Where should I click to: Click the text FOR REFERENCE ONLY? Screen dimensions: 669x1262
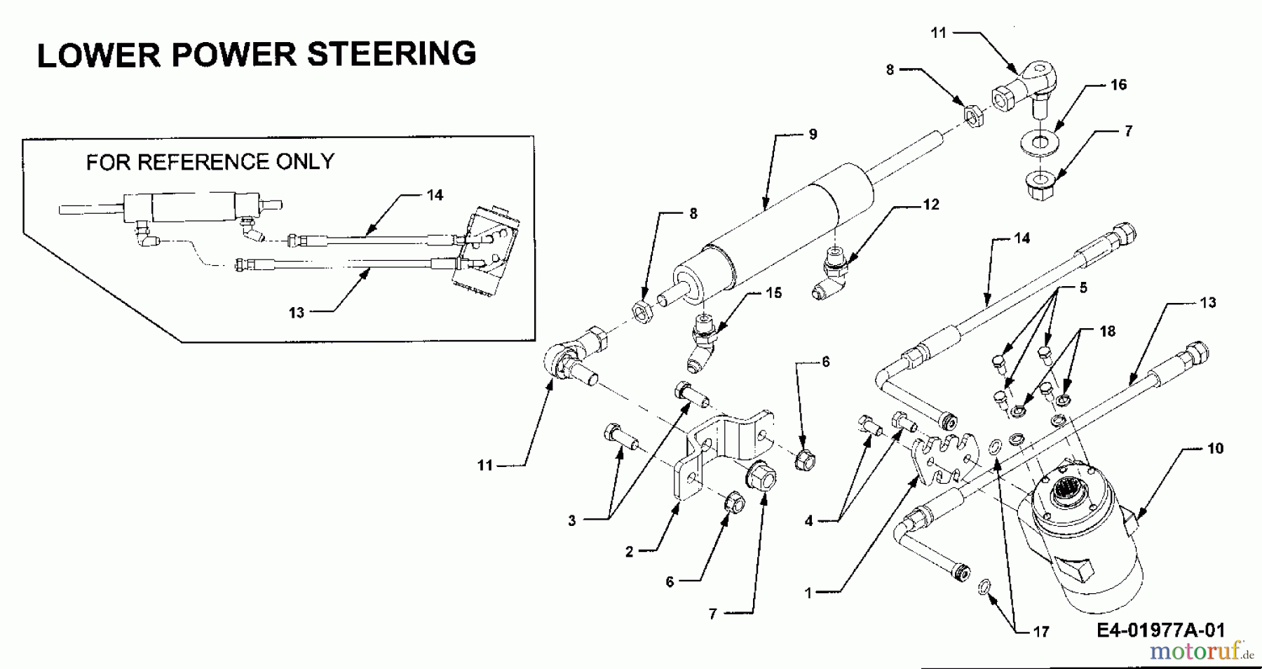(x=210, y=162)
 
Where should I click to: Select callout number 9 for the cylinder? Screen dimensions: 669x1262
(x=813, y=134)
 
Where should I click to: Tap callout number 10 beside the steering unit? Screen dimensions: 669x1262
(x=1215, y=448)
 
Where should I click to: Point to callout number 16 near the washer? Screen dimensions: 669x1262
(x=1118, y=85)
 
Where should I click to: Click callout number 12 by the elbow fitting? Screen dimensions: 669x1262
(x=930, y=205)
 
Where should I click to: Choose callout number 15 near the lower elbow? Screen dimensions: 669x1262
(x=773, y=292)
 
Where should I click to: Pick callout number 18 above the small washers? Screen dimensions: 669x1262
(x=1107, y=331)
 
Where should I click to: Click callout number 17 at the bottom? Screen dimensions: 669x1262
(x=1041, y=632)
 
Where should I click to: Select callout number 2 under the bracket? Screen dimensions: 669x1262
(x=630, y=552)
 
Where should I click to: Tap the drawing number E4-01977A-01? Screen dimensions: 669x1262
(x=1161, y=630)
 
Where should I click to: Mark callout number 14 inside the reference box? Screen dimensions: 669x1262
(x=435, y=195)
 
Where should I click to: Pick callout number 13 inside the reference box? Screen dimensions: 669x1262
(x=297, y=313)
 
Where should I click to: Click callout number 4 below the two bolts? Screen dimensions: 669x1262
(x=808, y=522)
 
